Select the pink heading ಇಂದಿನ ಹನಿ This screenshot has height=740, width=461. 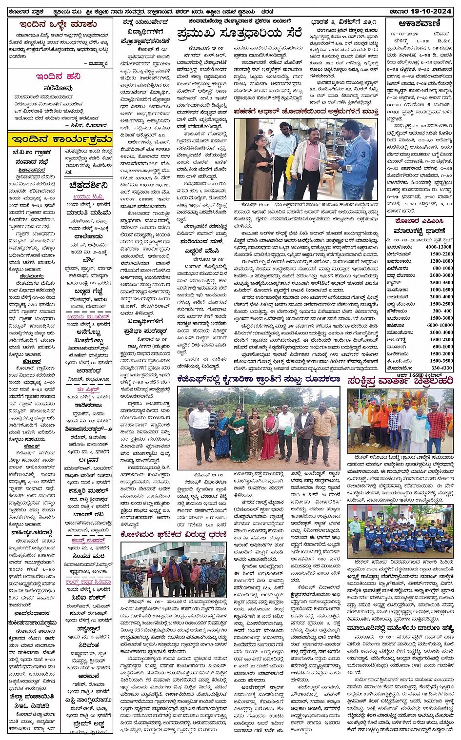click(58, 77)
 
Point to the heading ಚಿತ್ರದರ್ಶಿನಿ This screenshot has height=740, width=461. click(88, 185)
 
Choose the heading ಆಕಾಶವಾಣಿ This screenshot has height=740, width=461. click(419, 23)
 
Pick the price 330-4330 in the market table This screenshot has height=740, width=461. click(441, 368)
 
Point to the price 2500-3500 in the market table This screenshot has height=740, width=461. click(441, 283)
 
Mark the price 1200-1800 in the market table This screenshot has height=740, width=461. click(441, 261)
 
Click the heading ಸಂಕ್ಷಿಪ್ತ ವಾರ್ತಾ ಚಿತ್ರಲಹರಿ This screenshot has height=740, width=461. click(401, 381)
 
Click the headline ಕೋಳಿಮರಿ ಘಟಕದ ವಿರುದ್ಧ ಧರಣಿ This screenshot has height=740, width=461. click(174, 534)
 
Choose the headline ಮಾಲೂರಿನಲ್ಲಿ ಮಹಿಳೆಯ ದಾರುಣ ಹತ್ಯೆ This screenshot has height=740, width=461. click(400, 628)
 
